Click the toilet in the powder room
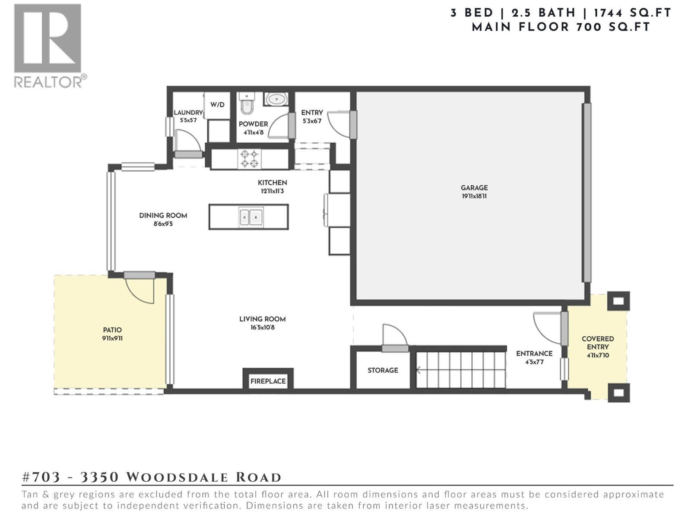coord(247,104)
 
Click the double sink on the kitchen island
coord(251,216)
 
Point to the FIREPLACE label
coord(268,381)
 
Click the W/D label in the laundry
coord(217,104)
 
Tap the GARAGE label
coord(474,188)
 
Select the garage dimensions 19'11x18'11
coord(474,196)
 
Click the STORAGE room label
coord(383,370)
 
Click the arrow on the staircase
coord(418,370)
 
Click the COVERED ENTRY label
coord(598,343)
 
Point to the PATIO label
coord(112,330)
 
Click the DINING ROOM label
coord(163,215)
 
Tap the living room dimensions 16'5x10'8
coord(263,328)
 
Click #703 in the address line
coord(41,477)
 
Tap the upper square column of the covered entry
coord(618,301)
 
